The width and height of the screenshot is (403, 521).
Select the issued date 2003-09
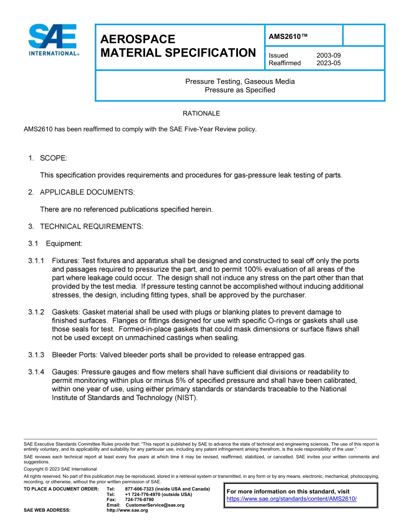coord(328,55)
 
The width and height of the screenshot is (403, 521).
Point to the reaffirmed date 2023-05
coord(328,63)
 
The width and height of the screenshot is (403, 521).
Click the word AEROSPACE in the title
coord(138,39)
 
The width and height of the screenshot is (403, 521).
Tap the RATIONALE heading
coord(201,114)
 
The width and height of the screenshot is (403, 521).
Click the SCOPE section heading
coord(53,158)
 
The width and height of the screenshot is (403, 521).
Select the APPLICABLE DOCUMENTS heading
coord(87,192)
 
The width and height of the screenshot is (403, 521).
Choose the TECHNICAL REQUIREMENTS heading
coord(91,227)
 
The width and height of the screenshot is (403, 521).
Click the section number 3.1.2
coord(36,312)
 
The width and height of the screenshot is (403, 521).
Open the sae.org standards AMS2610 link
coord(292,499)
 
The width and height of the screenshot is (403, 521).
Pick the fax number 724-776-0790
coord(140,500)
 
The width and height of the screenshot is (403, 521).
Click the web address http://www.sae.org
coord(127,510)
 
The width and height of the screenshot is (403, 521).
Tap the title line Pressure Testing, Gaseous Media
coord(240,81)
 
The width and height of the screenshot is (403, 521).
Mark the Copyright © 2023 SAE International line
coord(60,469)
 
